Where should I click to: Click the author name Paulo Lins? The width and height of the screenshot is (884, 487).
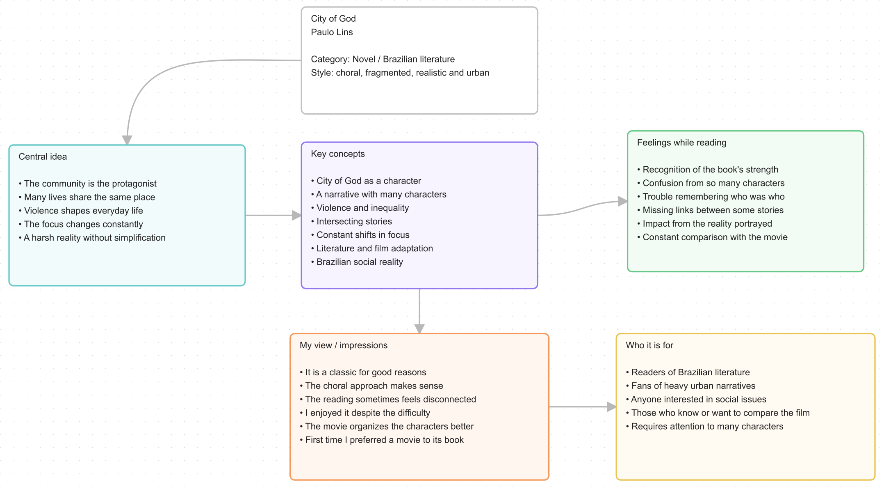332,32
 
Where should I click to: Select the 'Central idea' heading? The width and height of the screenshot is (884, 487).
43,156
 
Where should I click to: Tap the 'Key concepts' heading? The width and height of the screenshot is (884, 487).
338,154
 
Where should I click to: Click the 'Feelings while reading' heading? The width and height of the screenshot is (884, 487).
681,142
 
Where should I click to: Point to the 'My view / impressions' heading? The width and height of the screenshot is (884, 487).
344,345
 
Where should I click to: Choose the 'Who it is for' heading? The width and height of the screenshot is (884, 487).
649,345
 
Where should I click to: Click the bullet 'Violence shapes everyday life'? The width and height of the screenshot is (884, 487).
81,211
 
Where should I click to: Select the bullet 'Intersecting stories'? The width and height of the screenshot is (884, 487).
351,221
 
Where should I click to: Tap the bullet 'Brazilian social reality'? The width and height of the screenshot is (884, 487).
357,262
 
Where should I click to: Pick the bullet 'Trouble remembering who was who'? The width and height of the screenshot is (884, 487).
711,197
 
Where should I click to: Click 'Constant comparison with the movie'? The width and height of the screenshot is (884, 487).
712,237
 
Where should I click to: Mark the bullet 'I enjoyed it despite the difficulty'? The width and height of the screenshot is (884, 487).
365,413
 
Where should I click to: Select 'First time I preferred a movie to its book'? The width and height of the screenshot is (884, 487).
382,440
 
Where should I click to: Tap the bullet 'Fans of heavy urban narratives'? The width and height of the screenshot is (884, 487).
690,386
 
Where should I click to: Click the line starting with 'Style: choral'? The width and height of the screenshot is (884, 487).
400,73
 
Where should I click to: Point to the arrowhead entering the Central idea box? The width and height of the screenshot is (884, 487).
127,140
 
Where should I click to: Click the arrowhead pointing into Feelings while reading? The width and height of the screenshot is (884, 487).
623,201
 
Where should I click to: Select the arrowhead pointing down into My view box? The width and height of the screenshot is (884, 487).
419,329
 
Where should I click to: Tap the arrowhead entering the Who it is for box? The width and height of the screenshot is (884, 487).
612,407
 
